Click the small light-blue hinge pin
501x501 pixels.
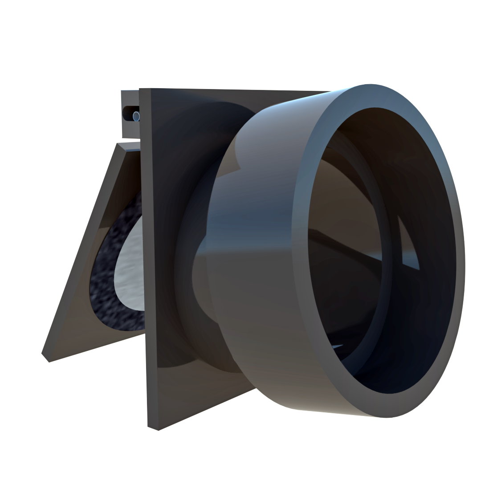[x=136, y=117]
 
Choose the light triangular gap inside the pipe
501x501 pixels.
[x=407, y=249]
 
